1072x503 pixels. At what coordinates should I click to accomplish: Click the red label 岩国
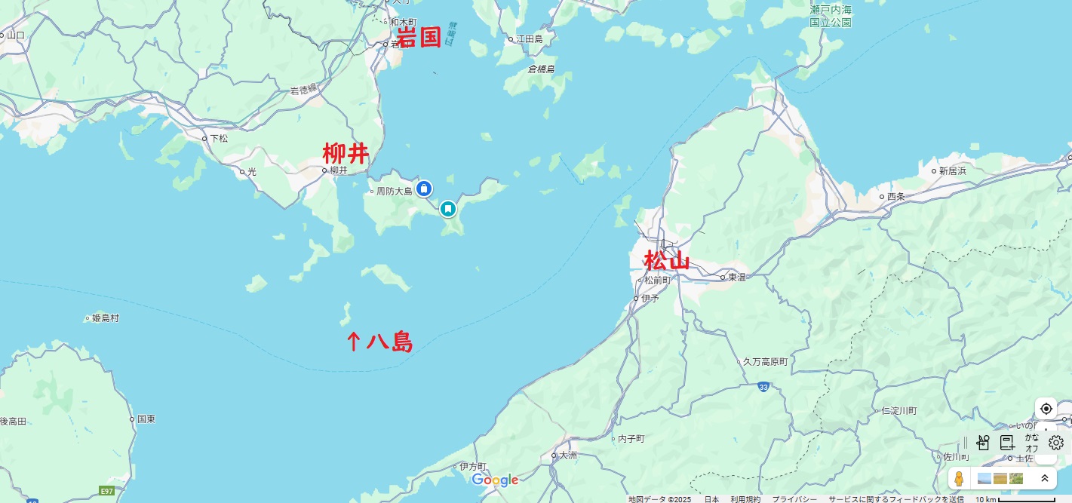point(419,37)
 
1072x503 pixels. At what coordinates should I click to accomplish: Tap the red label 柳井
point(346,154)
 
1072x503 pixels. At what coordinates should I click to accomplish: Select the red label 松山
point(667,261)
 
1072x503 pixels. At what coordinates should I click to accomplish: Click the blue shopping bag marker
point(424,188)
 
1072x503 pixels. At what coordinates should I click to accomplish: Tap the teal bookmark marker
point(448,207)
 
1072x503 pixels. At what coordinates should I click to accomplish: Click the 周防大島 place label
point(394,192)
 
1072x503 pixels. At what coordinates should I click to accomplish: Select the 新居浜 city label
point(952,171)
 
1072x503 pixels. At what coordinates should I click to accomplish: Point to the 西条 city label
point(895,197)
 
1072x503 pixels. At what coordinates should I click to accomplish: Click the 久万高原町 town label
point(765,362)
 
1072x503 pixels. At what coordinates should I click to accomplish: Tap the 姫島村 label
point(105,318)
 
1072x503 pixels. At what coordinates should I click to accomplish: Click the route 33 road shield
point(764,387)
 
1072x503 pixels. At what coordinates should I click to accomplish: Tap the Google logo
point(495,480)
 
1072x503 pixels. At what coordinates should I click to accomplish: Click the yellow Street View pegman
point(959,479)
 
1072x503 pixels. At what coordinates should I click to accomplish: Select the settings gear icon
point(1056,443)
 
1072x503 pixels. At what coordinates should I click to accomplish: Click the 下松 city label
point(218,139)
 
